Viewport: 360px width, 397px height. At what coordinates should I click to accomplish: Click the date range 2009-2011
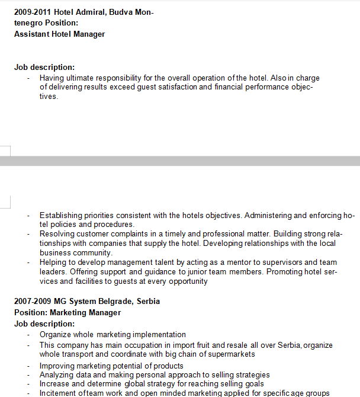pos(32,12)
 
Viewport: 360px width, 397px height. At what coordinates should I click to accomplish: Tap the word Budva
pos(123,12)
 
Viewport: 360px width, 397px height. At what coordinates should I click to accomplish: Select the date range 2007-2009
pos(32,301)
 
